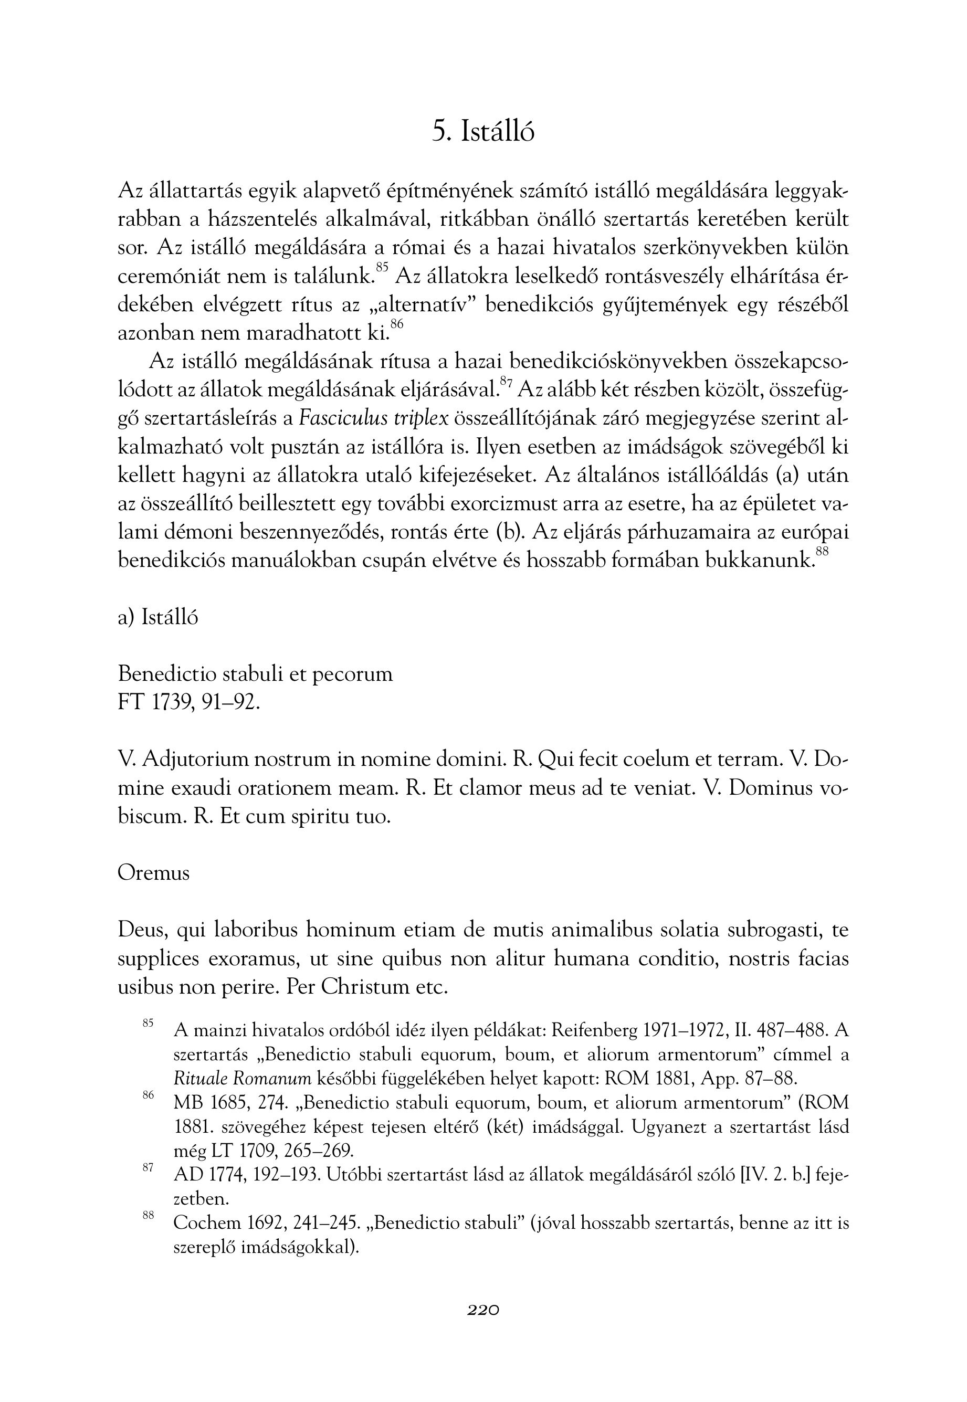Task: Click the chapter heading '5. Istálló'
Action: point(483,131)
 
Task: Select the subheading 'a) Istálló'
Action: point(157,617)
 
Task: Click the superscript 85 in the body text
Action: point(382,267)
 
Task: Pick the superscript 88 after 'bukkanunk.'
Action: point(822,551)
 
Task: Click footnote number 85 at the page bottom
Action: point(148,1023)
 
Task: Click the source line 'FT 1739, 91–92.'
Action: point(188,702)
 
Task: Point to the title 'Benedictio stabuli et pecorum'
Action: point(255,674)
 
